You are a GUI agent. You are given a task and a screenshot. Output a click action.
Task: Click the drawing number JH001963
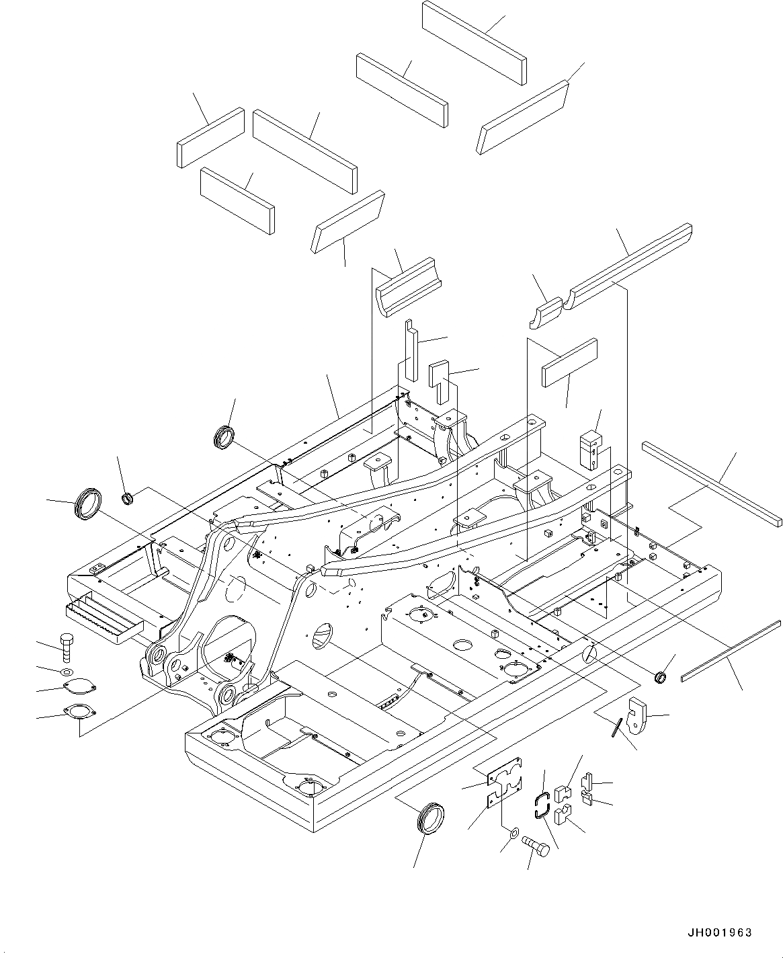point(719,933)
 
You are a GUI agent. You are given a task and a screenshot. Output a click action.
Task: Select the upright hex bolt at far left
point(67,647)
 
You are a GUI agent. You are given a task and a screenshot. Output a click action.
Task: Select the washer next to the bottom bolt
point(513,834)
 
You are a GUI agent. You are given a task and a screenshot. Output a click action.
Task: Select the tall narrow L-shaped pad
point(411,350)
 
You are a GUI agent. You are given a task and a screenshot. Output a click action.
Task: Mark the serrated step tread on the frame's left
point(104,619)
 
